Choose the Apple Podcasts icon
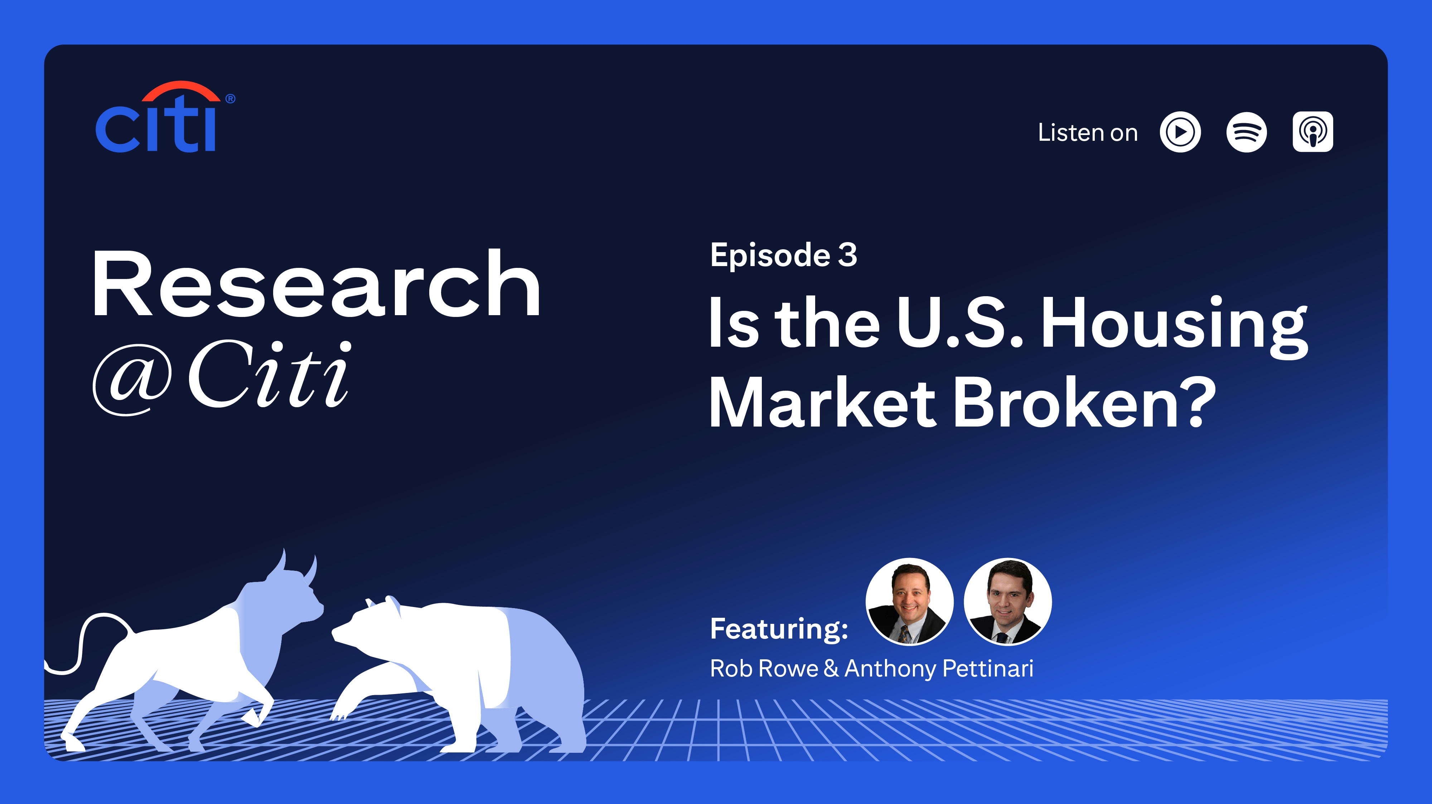coord(1312,132)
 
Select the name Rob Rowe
coord(764,668)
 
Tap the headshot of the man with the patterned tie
coord(909,602)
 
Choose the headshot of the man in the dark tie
coord(1007,602)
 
